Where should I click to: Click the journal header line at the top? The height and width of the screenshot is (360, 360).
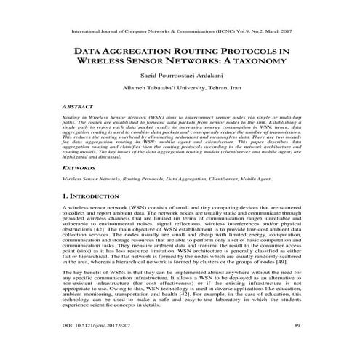(x=180, y=33)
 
